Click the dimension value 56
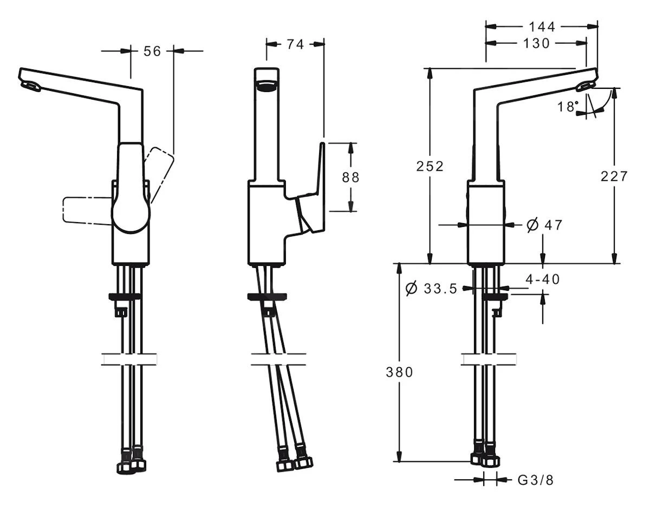[153, 51]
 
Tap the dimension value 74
[295, 44]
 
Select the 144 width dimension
[542, 27]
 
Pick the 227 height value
[614, 176]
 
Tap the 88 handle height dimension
[350, 177]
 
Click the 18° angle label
[568, 106]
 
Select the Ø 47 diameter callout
[544, 225]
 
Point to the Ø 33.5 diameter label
[431, 289]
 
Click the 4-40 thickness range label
[543, 279]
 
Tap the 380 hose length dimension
[399, 372]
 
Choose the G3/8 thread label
[536, 480]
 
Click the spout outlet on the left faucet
[31, 86]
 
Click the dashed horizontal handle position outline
[87, 210]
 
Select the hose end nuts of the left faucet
[132, 465]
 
